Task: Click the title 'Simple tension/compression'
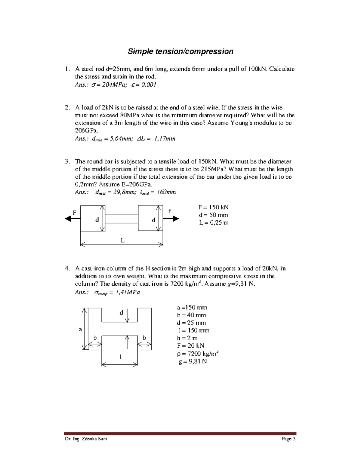[x=180, y=51]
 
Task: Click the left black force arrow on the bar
[x=73, y=219]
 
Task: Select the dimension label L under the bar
[x=122, y=240]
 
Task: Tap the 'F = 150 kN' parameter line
[x=213, y=207]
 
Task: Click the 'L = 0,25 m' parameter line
[x=213, y=223]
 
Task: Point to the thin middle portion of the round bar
[x=122, y=219]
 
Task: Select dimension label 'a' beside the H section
[x=80, y=329]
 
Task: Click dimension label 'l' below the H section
[x=120, y=357]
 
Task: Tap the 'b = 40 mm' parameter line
[x=191, y=315]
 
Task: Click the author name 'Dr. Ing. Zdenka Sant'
[x=86, y=439]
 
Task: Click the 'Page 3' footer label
[x=288, y=439]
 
